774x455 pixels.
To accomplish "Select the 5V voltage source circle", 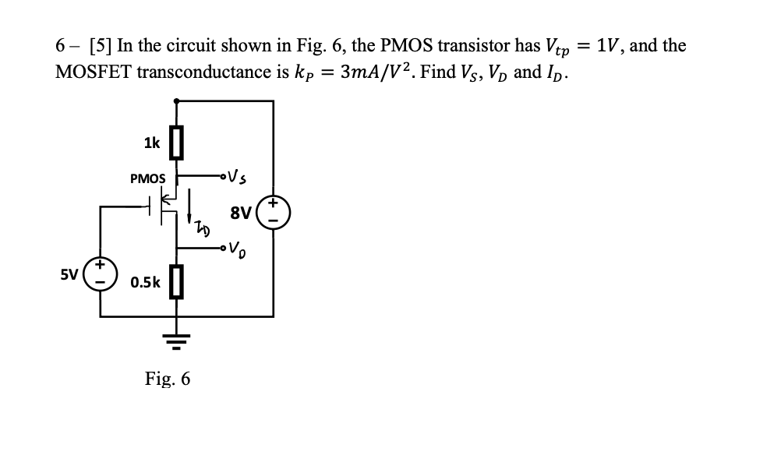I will pyautogui.click(x=101, y=273).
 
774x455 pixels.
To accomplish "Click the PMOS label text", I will pyautogui.click(x=148, y=178).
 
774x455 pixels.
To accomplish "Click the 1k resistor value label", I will pyautogui.click(x=152, y=143).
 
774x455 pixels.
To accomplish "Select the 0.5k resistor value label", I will pyautogui.click(x=147, y=282).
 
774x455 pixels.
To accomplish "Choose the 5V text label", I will pyautogui.click(x=70, y=274).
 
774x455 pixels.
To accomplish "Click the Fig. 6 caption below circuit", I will pyautogui.click(x=168, y=379).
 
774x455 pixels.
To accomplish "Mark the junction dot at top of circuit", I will pyautogui.click(x=178, y=101).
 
